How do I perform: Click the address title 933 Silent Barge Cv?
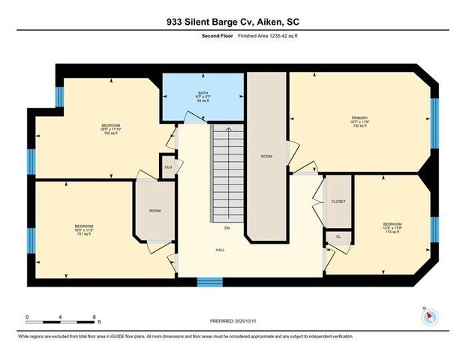coord(233,22)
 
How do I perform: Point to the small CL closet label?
coord(338,236)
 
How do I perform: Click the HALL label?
coord(221,250)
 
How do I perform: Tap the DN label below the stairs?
coord(227,227)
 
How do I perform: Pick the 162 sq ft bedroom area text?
coord(111,134)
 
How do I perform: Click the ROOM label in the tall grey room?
coord(266,156)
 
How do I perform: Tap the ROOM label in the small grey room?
coord(155,211)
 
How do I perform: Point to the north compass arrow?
coord(428,316)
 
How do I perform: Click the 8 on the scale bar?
coord(94,317)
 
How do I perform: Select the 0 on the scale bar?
coord(27,317)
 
